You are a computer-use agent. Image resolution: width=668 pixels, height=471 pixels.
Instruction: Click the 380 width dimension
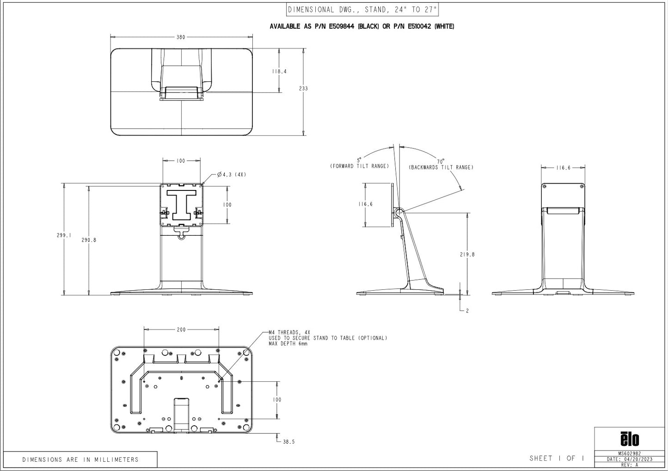[180, 37]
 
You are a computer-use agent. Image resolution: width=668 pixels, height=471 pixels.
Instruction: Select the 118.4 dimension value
[279, 72]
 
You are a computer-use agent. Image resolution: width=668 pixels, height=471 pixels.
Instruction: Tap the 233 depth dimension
[303, 88]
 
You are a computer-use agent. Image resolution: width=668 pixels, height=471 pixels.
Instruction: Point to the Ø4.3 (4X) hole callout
[231, 175]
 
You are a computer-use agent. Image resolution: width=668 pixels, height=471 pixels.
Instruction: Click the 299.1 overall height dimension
[64, 235]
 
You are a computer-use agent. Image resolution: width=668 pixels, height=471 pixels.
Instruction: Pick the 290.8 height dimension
[89, 240]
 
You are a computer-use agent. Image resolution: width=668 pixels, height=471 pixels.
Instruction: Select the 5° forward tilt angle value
[359, 160]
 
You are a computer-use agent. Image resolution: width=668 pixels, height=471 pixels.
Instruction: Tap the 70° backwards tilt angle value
[441, 161]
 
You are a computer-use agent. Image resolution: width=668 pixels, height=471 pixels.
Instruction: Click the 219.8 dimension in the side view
[467, 254]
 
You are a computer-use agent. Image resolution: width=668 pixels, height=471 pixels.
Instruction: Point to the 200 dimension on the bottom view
[181, 330]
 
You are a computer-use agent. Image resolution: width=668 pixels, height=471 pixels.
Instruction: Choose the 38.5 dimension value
[288, 442]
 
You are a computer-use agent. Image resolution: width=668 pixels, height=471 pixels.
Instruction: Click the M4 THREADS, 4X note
[289, 332]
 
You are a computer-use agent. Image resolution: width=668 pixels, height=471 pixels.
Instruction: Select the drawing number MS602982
[629, 454]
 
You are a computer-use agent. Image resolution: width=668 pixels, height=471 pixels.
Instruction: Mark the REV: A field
[629, 465]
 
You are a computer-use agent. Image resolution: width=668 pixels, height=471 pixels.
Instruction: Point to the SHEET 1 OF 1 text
[557, 458]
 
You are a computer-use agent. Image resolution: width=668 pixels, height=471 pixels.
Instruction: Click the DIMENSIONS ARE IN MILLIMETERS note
[80, 459]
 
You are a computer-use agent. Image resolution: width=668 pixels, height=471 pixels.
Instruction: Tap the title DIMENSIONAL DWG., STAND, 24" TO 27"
[362, 9]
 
